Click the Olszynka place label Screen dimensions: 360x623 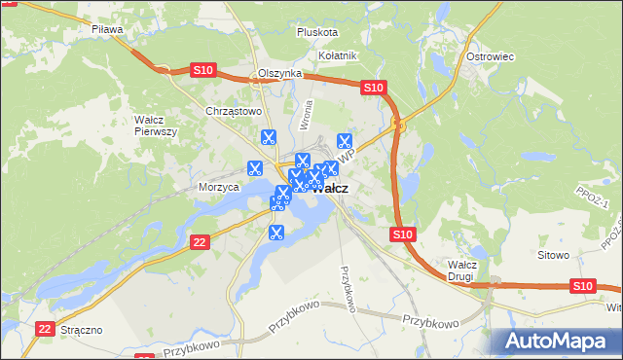click(x=280, y=74)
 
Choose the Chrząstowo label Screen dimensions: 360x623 click(x=235, y=111)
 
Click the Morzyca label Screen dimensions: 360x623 click(x=219, y=186)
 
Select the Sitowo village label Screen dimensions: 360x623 click(x=553, y=255)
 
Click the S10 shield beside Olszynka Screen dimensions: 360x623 click(x=202, y=70)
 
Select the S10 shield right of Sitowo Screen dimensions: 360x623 click(x=582, y=285)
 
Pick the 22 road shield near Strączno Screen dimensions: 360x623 click(x=44, y=330)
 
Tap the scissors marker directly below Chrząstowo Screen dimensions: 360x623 click(x=269, y=138)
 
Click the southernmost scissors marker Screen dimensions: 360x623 click(x=275, y=233)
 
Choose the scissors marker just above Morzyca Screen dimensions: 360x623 click(x=256, y=167)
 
